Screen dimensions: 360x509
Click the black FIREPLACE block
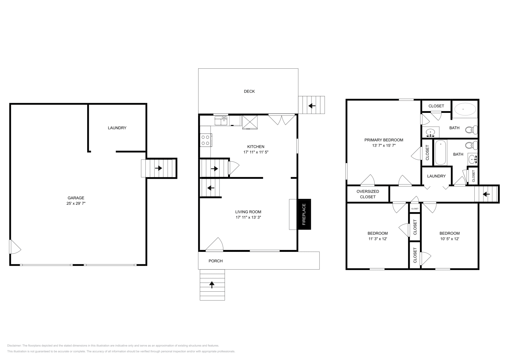[x=304, y=214]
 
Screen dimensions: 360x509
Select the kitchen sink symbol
[x=221, y=121]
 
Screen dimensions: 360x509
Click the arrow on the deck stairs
[x=312, y=106]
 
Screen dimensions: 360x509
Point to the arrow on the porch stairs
[x=212, y=285]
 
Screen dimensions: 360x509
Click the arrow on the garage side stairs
[x=158, y=168]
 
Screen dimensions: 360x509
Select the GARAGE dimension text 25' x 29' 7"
[x=76, y=203]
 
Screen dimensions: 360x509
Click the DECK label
[x=249, y=91]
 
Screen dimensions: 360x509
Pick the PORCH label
[x=215, y=261]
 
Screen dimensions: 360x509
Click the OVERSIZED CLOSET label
[x=368, y=194]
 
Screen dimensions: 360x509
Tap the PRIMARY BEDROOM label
[x=384, y=140]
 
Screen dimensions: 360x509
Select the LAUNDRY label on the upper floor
[x=436, y=176]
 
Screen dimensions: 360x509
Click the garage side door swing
[x=15, y=247]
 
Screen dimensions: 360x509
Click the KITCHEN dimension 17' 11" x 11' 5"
[x=256, y=152]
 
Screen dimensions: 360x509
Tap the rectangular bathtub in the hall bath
[x=441, y=153]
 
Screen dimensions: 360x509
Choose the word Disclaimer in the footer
[x=14, y=345]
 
